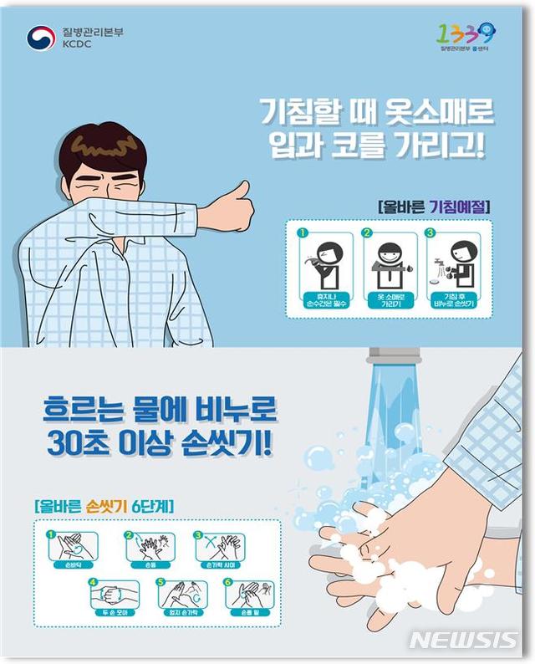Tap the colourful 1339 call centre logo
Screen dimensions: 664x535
point(466,34)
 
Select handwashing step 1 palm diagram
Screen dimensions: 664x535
point(72,548)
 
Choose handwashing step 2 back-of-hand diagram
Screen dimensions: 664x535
point(150,548)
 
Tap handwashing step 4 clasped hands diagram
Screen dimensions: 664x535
point(114,596)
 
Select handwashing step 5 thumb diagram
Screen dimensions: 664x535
point(182,596)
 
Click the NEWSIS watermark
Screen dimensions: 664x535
point(465,641)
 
